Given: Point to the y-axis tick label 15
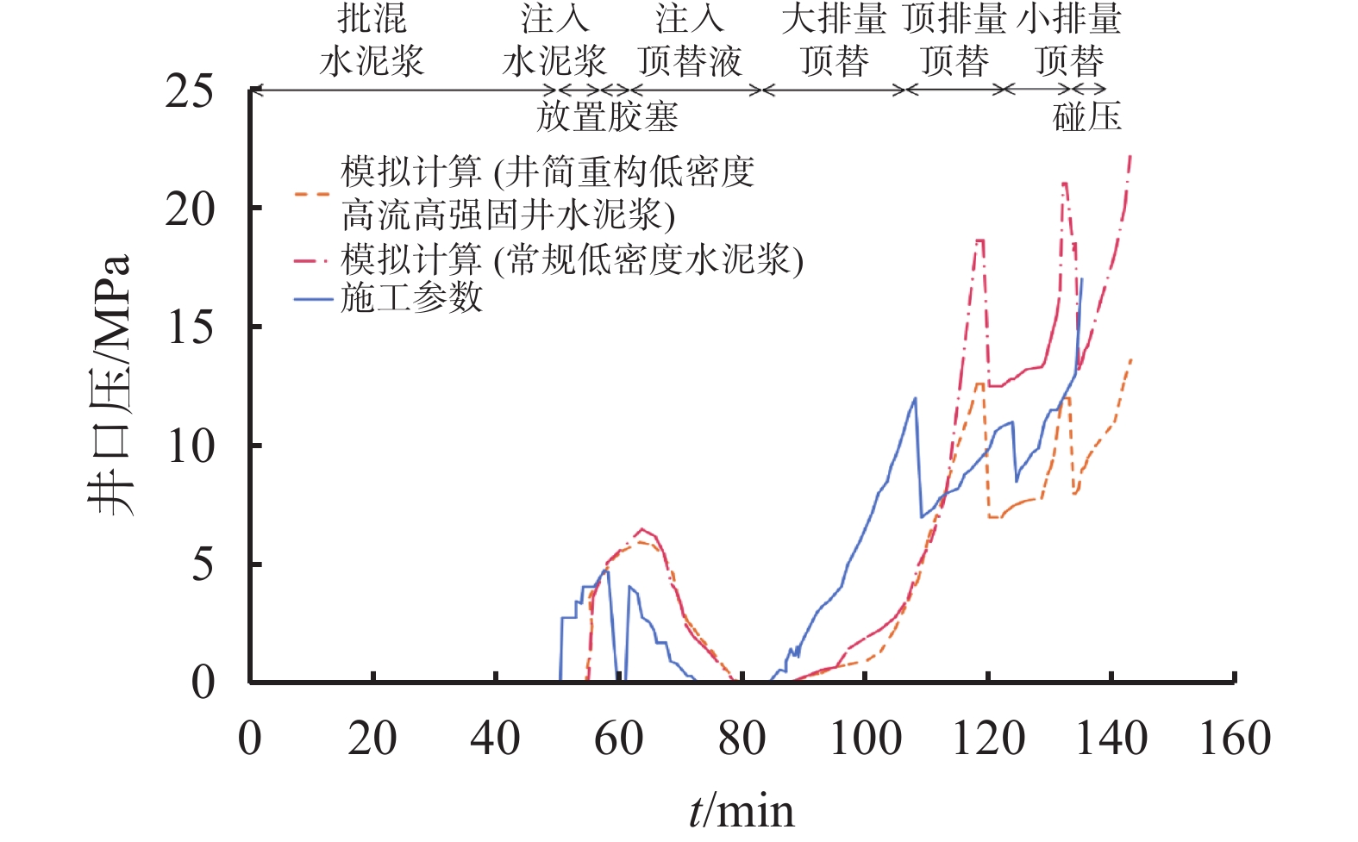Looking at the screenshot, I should click(x=189, y=327).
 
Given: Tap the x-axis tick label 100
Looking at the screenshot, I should click(x=865, y=739).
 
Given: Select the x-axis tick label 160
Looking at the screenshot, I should click(x=1235, y=739).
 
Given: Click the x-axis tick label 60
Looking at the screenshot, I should click(x=618, y=739).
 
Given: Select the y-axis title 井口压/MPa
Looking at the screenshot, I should click(x=110, y=384).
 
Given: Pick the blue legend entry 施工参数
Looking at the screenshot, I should click(x=411, y=298).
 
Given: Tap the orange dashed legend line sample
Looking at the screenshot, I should click(x=312, y=194).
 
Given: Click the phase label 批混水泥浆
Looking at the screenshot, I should click(x=372, y=40).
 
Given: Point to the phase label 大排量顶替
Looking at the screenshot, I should click(x=834, y=40).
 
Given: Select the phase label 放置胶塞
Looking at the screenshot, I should click(x=607, y=116).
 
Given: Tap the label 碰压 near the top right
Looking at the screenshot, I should click(x=1086, y=116).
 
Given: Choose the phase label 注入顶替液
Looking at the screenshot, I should click(x=690, y=40).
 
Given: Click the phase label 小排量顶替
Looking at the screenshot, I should click(x=1069, y=40).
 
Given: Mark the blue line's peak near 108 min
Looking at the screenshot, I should click(x=915, y=398).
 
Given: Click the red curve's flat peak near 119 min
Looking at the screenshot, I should click(x=980, y=240).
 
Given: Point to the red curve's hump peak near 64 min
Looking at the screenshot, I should click(x=642, y=529).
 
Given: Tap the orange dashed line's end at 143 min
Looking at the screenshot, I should click(x=1130, y=359).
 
